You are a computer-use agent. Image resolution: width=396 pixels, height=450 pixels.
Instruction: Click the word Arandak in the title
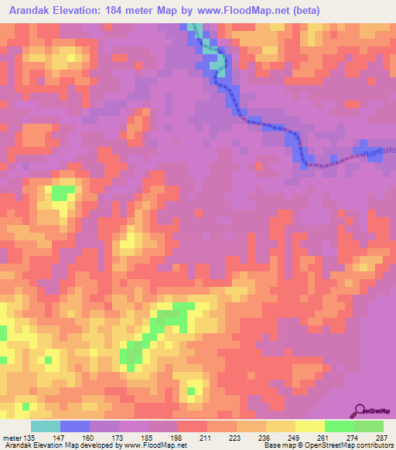32,11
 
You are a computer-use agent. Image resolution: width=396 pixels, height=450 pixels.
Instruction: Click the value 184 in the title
142,11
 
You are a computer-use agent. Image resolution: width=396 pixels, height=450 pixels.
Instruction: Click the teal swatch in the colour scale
46,426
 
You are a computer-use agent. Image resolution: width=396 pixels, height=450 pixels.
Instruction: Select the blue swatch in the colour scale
75,426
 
